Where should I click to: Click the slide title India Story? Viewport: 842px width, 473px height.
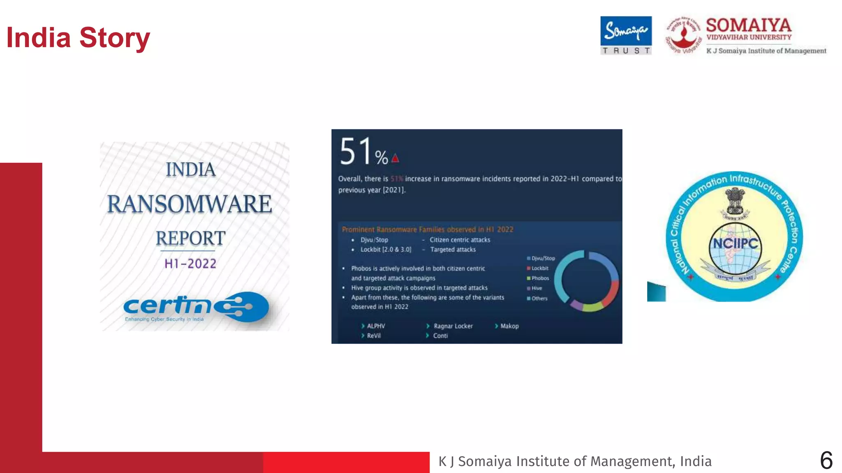point(78,38)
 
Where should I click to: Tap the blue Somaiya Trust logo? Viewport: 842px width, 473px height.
point(626,35)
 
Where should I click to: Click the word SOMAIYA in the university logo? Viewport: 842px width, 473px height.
point(748,25)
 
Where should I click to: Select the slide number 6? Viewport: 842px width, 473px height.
point(826,460)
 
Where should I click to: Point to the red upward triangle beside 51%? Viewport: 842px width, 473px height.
point(395,158)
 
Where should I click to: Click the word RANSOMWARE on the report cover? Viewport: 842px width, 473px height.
point(190,204)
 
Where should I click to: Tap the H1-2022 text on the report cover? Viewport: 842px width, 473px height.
point(190,264)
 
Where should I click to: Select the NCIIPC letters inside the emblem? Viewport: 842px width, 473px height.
point(735,243)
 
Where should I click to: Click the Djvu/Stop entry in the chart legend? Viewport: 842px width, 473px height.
point(543,258)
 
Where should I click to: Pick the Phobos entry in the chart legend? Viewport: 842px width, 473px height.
point(540,278)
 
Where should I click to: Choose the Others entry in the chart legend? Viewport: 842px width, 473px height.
point(539,298)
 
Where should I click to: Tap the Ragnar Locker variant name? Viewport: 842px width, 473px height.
point(453,326)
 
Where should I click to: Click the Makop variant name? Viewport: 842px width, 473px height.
point(509,326)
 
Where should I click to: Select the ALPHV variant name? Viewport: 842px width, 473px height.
point(376,326)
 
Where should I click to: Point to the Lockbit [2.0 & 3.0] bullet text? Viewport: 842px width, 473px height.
point(386,250)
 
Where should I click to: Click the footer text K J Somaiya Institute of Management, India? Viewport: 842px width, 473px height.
point(575,461)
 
